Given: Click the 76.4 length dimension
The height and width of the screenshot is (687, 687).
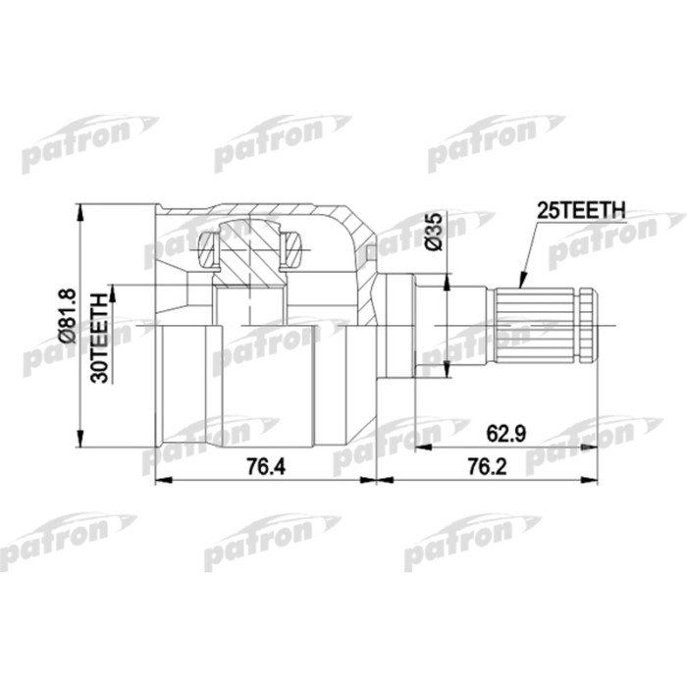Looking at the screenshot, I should (x=258, y=468).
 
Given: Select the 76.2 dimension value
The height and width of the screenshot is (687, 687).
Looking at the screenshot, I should (x=487, y=468).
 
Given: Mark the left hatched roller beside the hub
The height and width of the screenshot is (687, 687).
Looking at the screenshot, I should (x=206, y=250).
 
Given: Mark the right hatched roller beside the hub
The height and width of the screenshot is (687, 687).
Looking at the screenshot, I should (x=294, y=250).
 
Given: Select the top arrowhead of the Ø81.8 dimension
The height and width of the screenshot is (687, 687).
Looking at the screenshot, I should (x=79, y=210).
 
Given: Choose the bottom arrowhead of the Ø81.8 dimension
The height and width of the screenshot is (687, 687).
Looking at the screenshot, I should (x=79, y=440).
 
